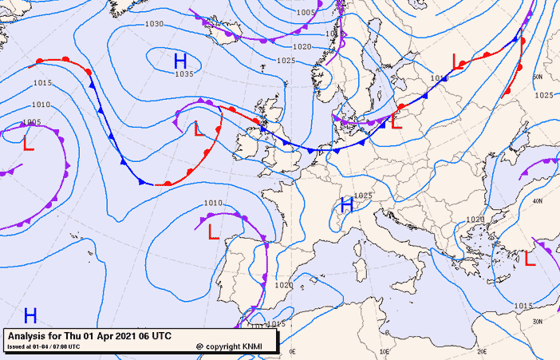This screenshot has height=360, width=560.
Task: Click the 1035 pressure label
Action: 184,74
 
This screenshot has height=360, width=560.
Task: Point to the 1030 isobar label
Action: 155,24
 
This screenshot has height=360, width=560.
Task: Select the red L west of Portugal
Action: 213,232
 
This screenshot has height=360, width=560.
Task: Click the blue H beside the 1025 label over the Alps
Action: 347,205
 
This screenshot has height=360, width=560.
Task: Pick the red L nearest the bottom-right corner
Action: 530,258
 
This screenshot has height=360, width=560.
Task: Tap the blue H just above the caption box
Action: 30,315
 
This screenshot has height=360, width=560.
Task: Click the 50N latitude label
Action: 537,77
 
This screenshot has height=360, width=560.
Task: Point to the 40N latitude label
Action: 538,201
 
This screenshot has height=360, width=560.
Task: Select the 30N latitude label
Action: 538,322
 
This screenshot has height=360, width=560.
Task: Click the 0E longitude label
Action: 292,351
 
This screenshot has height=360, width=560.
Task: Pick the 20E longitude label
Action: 481,351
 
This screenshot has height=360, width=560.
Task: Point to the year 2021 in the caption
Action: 126,335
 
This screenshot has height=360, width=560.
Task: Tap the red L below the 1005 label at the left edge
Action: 28,144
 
